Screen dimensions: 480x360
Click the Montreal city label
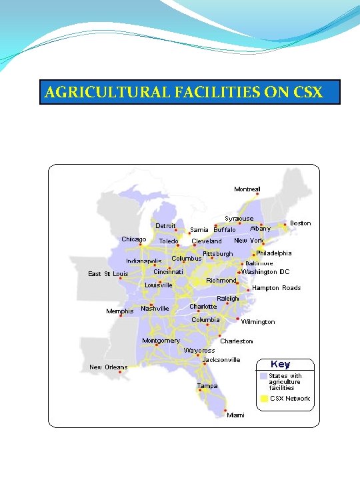[247, 189]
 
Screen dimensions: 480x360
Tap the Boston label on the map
[300, 223]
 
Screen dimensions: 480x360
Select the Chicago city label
[134, 239]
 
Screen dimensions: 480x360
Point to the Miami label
[235, 415]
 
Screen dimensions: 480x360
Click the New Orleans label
[108, 367]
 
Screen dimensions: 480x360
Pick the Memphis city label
[120, 311]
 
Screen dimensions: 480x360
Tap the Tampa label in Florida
[207, 386]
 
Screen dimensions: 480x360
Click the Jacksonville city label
[216, 360]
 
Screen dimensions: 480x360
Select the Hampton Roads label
[276, 288]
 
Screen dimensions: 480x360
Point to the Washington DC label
[265, 272]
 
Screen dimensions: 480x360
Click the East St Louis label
[108, 273]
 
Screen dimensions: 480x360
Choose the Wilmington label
[258, 322]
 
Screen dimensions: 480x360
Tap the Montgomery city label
[161, 341]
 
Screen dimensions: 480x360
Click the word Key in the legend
[280, 364]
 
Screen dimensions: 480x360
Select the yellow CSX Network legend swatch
[264, 399]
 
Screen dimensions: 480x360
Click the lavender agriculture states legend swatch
[264, 376]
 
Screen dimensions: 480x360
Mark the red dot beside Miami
[225, 410]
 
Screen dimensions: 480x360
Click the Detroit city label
[166, 226]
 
